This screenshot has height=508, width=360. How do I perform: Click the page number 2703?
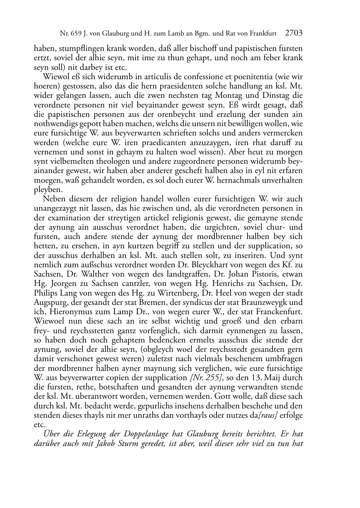coord(294,33)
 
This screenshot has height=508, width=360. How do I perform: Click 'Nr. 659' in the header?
coord(69,34)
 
